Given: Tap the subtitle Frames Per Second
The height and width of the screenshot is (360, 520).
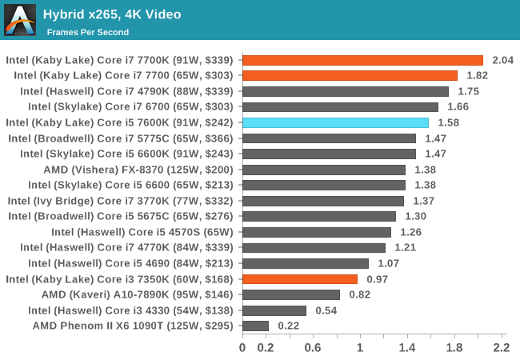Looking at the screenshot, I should pos(87,32).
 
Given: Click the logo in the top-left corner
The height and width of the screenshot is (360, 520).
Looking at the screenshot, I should pos(20,20).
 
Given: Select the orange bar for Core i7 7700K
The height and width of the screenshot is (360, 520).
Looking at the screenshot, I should pos(362,60).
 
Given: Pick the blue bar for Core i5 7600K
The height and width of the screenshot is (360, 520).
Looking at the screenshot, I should pos(335,122).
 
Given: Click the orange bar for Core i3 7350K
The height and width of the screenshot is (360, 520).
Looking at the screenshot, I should pos(300,279).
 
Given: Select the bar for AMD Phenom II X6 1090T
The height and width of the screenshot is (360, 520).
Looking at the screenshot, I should pos(255,326).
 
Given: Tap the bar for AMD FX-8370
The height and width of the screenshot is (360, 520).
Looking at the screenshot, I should pos(324,170).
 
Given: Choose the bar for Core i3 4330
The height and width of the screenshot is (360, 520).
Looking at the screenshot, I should pos(274,310).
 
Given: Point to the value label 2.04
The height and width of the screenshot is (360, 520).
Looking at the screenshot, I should pos(502,60).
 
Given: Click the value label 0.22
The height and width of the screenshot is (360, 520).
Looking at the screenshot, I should pos(289,326).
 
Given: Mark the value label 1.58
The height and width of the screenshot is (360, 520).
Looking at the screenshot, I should pos(448,122).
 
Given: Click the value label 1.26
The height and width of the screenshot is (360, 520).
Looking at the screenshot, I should pos(410,232).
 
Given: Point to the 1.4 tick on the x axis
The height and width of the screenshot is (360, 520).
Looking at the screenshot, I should pos(407,348).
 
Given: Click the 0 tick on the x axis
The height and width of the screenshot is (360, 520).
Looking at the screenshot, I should pos(242,348).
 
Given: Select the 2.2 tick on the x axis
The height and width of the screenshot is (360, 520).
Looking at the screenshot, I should pos(502,348).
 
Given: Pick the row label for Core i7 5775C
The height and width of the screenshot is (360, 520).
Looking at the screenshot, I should pos(122,138).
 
